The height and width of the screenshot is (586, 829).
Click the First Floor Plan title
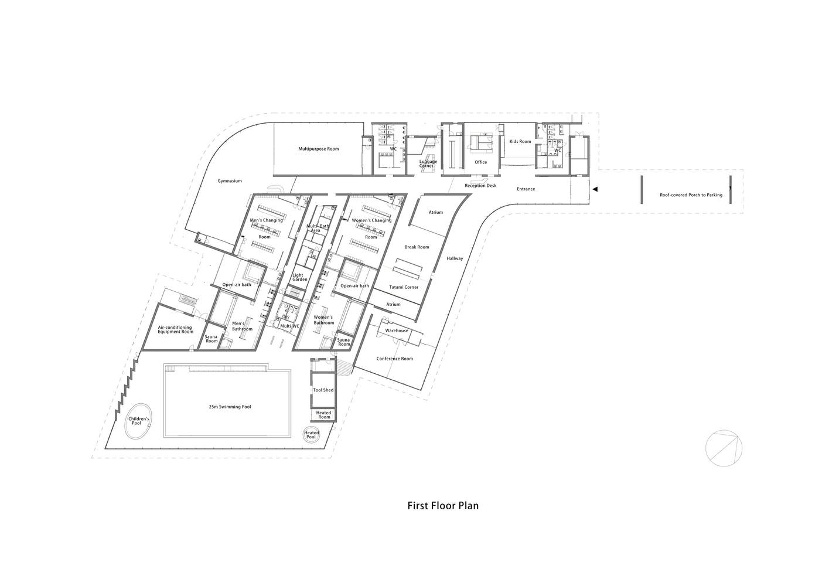[x=443, y=506]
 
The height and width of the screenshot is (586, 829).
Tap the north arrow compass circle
[x=724, y=448]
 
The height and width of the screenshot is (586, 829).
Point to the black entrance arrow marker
[x=595, y=189]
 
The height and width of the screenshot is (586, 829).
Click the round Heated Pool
[x=311, y=435]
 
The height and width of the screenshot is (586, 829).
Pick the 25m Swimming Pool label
[x=230, y=407]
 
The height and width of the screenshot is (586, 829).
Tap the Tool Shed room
[x=323, y=390]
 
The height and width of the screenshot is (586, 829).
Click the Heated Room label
[x=324, y=415]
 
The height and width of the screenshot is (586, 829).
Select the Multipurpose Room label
[x=319, y=149]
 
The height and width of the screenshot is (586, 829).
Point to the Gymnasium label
[x=230, y=181]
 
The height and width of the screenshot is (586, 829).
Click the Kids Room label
[x=520, y=141]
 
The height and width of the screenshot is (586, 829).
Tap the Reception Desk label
[x=481, y=185]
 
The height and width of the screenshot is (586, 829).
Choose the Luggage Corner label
[x=428, y=163]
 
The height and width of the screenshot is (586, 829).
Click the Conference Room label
[x=394, y=359]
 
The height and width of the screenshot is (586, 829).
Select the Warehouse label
[x=397, y=331]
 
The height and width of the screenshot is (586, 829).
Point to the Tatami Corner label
[x=404, y=287]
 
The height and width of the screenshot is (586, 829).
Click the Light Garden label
[x=300, y=277]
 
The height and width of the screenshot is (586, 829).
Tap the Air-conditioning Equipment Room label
[x=175, y=329]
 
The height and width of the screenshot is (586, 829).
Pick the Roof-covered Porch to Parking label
[x=691, y=195]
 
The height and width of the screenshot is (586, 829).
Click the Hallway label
[x=455, y=258]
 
